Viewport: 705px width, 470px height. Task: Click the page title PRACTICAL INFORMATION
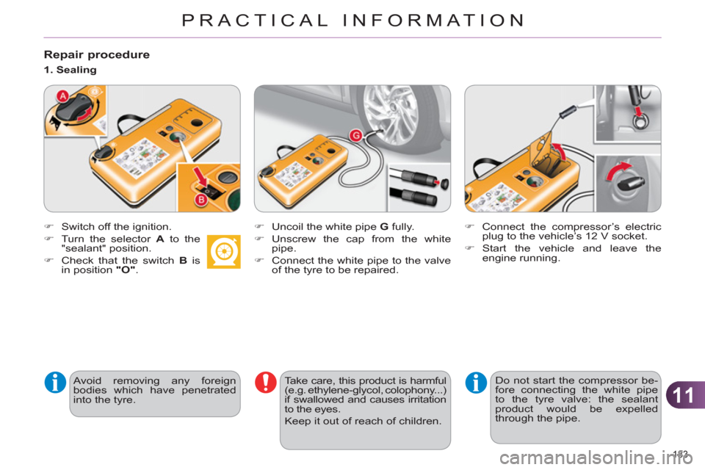click(x=352, y=20)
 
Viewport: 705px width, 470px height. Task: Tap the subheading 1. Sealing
click(x=68, y=70)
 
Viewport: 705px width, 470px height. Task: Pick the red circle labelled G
click(x=356, y=134)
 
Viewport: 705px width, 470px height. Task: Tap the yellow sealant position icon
click(x=223, y=251)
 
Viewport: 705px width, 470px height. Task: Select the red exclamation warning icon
click(x=264, y=383)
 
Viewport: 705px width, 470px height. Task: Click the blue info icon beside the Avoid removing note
click(x=54, y=383)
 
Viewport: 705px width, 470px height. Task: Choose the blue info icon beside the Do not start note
click(x=475, y=383)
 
